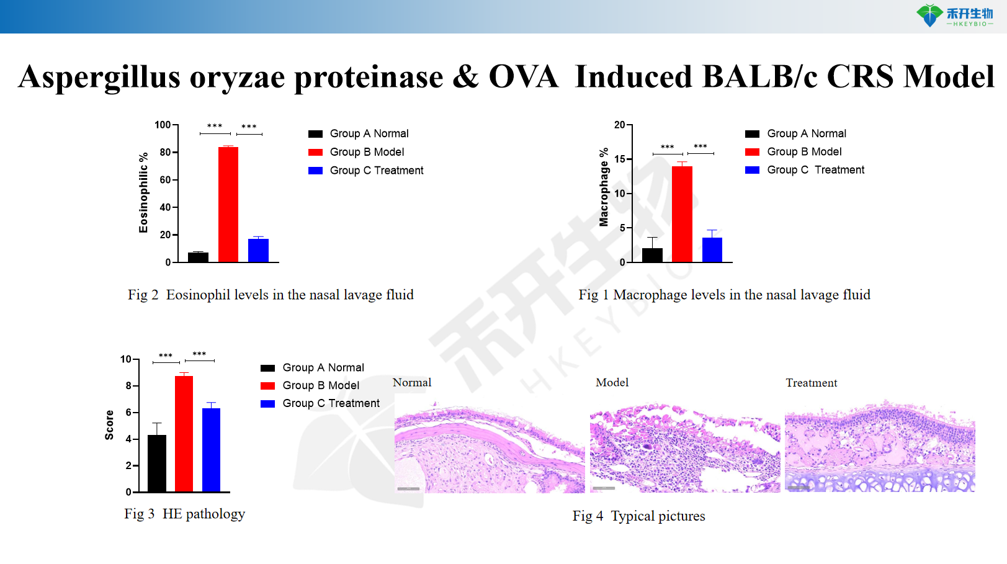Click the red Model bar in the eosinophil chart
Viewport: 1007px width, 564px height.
[228, 205]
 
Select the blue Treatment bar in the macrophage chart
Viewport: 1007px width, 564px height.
[712, 249]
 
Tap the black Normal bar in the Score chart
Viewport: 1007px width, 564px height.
[157, 463]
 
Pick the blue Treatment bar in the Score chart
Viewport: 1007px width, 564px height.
[211, 450]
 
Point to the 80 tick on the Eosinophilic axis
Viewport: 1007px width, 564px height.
[166, 152]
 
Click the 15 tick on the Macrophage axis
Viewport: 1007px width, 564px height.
[620, 159]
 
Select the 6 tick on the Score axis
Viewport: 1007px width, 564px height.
[129, 412]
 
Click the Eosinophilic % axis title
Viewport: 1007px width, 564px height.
[144, 192]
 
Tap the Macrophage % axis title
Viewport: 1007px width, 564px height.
[604, 187]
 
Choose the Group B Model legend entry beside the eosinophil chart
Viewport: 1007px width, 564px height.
[366, 152]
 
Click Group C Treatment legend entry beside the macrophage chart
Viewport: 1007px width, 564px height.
[815, 170]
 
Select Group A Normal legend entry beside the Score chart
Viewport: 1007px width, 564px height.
[323, 367]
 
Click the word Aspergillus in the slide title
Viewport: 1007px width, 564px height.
[99, 77]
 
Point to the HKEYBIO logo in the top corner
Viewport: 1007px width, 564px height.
[956, 16]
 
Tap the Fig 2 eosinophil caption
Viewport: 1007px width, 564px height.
[271, 295]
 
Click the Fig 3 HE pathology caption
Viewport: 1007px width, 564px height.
[184, 514]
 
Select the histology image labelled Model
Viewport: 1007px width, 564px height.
[685, 448]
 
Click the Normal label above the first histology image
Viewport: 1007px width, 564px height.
[412, 383]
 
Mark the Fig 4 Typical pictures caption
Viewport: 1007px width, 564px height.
[638, 516]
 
